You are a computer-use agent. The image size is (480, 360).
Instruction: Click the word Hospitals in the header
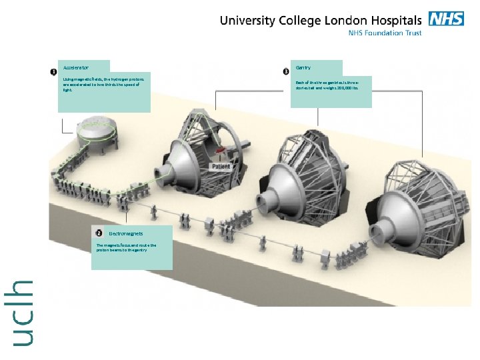(393, 20)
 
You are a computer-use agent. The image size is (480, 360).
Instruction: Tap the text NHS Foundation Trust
(385, 33)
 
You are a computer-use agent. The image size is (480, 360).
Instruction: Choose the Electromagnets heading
(127, 233)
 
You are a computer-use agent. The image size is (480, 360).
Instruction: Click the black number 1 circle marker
(53, 71)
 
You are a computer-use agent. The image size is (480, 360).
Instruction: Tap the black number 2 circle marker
(99, 233)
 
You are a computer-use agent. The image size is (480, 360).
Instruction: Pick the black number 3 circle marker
(285, 71)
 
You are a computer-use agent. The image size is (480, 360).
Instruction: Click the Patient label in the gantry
(221, 166)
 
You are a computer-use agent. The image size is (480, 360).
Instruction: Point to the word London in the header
(341, 20)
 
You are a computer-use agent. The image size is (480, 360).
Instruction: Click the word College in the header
(299, 20)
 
